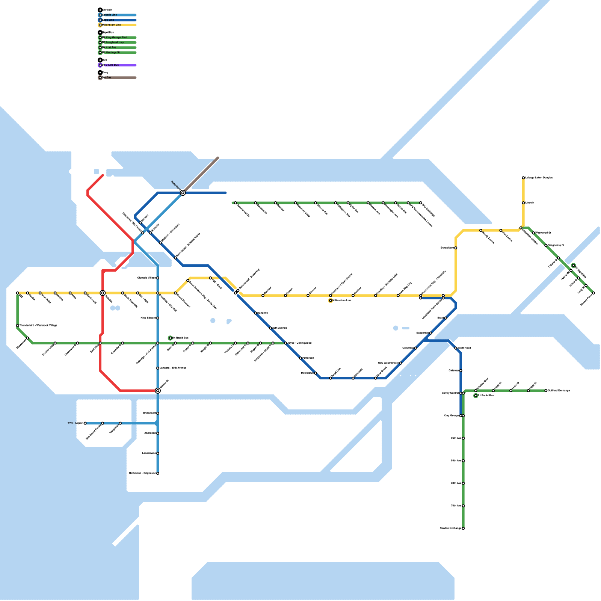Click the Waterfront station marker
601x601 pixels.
(x=183, y=193)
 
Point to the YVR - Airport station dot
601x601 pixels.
(x=85, y=423)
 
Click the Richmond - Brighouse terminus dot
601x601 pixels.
(x=158, y=473)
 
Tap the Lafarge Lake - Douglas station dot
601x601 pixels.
(x=523, y=178)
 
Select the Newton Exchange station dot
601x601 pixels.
(x=463, y=529)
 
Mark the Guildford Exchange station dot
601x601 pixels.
(x=546, y=391)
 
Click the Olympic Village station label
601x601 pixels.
(x=146, y=278)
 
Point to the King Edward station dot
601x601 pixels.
(x=158, y=318)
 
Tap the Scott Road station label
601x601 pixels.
(x=464, y=348)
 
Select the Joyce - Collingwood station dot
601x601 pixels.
(x=285, y=343)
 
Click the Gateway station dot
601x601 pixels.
(x=461, y=371)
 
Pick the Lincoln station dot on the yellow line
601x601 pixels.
(x=523, y=203)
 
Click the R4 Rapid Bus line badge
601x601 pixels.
(x=171, y=338)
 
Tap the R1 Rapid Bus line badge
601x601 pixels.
(x=476, y=396)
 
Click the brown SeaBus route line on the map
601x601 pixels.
(x=201, y=175)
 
